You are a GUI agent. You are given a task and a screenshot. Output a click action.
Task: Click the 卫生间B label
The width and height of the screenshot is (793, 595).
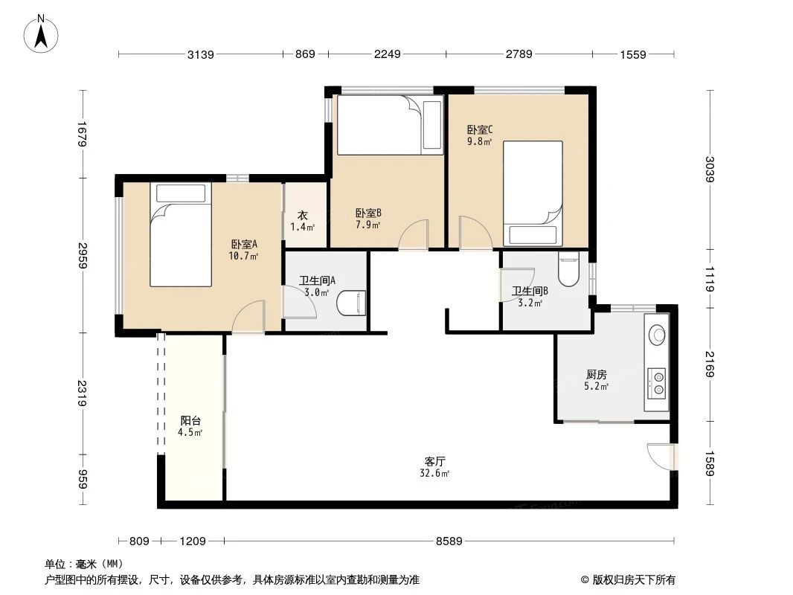click(530, 292)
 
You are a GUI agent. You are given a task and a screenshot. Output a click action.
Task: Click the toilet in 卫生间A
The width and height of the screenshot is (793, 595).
click(352, 303)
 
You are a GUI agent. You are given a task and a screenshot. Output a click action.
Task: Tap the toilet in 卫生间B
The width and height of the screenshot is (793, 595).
click(568, 270)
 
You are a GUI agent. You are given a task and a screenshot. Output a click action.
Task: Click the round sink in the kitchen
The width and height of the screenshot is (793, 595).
click(657, 334)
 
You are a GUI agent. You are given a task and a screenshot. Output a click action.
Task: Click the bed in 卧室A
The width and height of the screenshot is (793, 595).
click(180, 234)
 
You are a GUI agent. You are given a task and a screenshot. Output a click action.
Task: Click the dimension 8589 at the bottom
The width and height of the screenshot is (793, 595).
click(449, 541)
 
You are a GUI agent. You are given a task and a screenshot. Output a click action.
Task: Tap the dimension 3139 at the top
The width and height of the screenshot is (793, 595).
click(201, 54)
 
